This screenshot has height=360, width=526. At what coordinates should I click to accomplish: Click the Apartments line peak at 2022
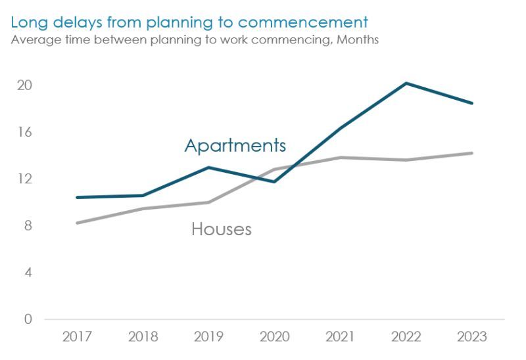tap(406, 83)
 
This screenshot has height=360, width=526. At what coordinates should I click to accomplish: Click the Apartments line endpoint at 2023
tap(471, 103)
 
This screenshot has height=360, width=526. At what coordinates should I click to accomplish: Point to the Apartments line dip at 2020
tap(274, 181)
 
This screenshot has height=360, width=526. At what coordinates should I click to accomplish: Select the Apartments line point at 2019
tap(208, 168)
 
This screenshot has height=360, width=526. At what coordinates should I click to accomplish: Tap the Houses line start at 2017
tap(78, 223)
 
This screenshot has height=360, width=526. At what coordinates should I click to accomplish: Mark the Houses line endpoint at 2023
tap(471, 153)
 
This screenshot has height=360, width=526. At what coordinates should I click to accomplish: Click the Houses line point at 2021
tap(340, 158)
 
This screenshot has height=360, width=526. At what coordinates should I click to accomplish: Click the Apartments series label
tap(235, 145)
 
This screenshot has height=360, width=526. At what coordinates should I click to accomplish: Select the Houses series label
tap(222, 229)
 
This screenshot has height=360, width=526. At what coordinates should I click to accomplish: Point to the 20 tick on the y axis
tap(24, 85)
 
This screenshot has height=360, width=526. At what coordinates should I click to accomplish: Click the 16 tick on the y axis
tap(24, 132)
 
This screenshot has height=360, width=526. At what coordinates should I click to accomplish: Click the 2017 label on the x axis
tap(78, 337)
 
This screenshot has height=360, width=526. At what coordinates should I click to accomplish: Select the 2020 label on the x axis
tap(274, 337)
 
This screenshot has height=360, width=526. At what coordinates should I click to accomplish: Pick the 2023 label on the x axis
tap(471, 337)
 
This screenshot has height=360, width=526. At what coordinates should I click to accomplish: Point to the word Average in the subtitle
tap(33, 40)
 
